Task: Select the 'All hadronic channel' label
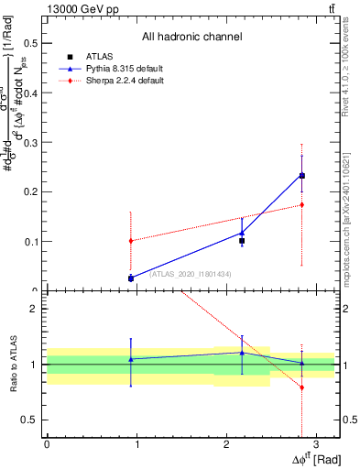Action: pyautogui.click(x=191, y=37)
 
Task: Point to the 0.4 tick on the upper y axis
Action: pyautogui.click(x=30, y=93)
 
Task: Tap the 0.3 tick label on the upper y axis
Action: pyautogui.click(x=30, y=143)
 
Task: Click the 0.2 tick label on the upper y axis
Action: pyautogui.click(x=30, y=192)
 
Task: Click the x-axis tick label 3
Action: pyautogui.click(x=315, y=443)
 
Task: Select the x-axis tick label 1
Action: pyautogui.click(x=136, y=443)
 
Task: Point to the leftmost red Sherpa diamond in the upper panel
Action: pyautogui.click(x=131, y=241)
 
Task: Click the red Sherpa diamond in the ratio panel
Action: pyautogui.click(x=302, y=387)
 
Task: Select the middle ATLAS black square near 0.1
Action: pyautogui.click(x=242, y=241)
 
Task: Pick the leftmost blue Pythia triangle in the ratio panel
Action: pyautogui.click(x=131, y=359)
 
